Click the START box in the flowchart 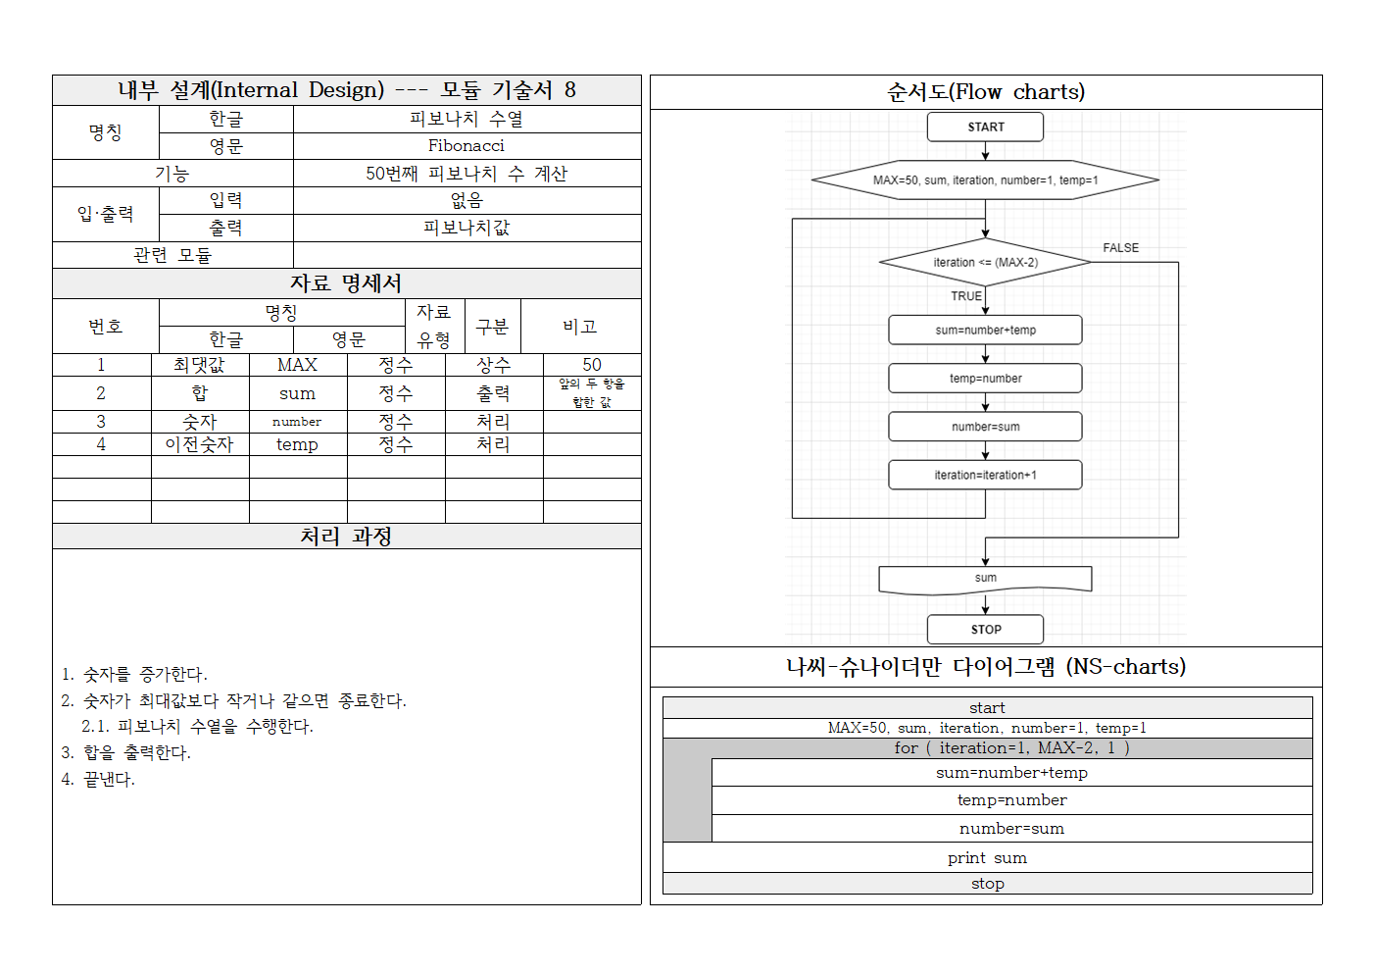pos(985,127)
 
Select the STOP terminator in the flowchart pos(985,629)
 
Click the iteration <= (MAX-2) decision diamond pos(985,262)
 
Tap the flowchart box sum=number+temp pos(985,330)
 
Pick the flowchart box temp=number pos(985,378)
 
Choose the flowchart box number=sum pos(985,427)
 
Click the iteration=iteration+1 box pos(985,475)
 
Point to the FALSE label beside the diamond pos(1120,248)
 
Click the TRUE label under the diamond pos(965,295)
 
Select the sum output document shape pos(985,579)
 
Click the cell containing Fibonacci pos(466,145)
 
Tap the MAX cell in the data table pos(297,365)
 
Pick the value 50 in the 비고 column pos(592,365)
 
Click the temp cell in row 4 pos(297,444)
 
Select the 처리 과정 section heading pos(346,537)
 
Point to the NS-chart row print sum pos(987,857)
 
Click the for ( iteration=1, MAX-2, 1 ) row pos(1011,747)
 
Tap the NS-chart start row pos(987,707)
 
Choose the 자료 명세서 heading pos(346,283)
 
